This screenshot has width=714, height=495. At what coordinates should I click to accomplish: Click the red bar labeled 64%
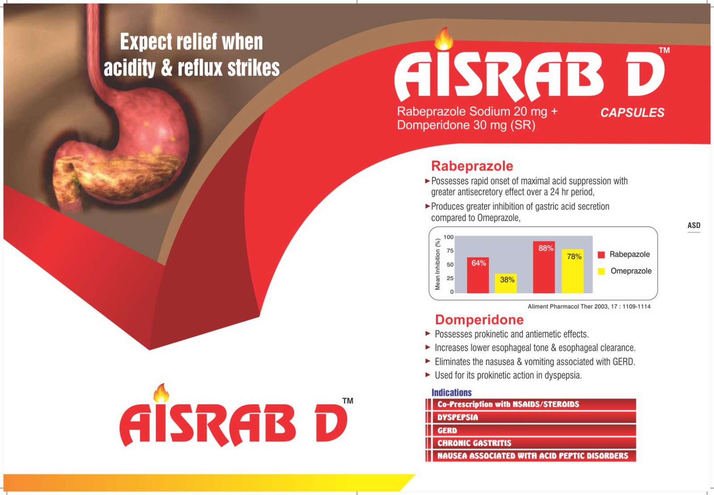coord(478,275)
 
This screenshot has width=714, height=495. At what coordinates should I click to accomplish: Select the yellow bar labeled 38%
coord(506,283)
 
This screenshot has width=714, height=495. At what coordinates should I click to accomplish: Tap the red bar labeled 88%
coord(544,267)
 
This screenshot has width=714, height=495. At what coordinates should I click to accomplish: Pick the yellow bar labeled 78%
coord(573,271)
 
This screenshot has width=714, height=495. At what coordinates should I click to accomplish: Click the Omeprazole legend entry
coord(625,271)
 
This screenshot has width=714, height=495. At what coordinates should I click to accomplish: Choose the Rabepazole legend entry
coord(624,254)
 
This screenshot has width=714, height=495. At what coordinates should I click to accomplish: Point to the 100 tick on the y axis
coord(448,237)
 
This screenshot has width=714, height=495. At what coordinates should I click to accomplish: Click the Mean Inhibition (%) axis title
coord(438,265)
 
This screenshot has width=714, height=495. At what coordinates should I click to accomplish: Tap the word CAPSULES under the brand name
coord(632,112)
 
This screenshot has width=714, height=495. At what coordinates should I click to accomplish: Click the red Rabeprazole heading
coord(472,166)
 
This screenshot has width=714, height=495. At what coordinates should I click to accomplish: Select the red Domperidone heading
coord(479,320)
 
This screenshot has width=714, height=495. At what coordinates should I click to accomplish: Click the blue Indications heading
coord(451,392)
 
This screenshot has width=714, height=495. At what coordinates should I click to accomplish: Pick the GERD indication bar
coord(531,430)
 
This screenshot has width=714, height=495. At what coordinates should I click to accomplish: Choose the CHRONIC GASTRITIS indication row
coord(531,443)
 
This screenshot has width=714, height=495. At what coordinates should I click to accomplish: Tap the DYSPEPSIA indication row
coord(531,417)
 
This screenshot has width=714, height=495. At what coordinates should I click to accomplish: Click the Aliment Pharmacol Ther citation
coord(589,307)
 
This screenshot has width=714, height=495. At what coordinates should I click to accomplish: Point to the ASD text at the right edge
coord(694,226)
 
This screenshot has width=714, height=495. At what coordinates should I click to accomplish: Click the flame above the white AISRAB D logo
coord(444,39)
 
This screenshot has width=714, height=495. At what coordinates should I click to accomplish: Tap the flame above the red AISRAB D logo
coord(161,393)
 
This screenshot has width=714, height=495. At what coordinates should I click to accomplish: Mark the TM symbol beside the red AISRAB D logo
coord(348,401)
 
